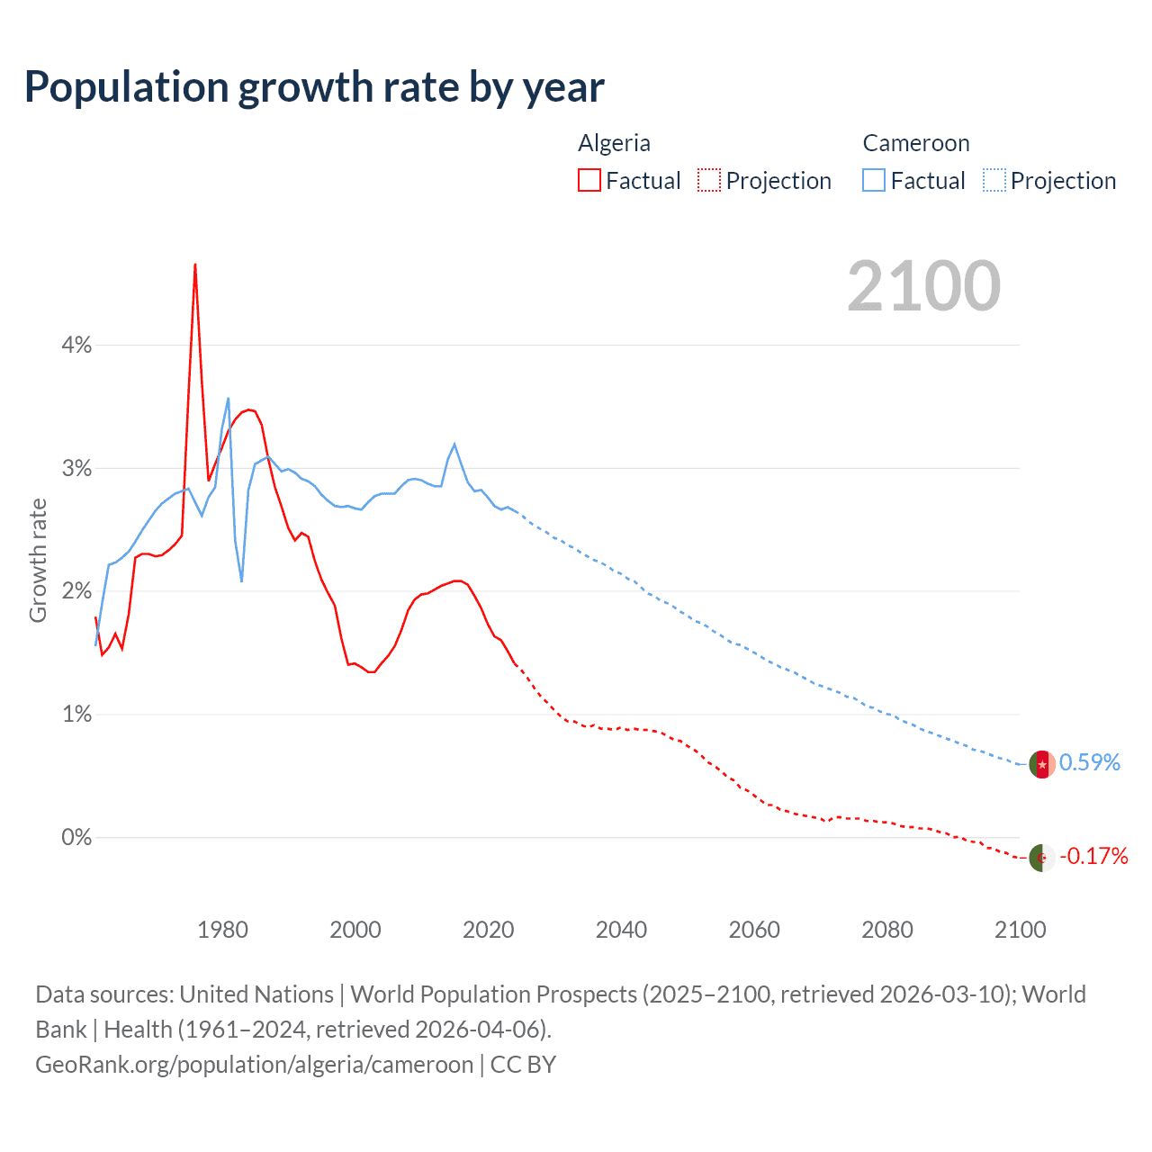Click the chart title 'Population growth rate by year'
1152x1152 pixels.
314,87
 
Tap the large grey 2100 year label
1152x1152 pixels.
923,286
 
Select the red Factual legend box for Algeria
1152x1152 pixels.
589,181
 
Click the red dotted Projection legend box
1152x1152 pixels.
709,181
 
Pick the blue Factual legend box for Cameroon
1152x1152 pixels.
874,181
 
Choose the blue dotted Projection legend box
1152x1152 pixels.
994,181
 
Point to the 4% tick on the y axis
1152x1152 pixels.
76,345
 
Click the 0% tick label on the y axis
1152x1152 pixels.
76,837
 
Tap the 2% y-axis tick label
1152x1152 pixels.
76,591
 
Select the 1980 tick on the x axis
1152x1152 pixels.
222,930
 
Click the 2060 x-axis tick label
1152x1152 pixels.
754,930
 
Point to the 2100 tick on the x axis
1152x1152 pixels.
1020,930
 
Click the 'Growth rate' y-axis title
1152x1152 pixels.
38,560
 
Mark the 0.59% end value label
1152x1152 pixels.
1089,763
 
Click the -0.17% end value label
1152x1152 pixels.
1093,856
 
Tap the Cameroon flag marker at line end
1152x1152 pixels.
1042,764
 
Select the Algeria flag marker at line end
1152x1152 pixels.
1042,858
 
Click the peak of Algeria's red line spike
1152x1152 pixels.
195,265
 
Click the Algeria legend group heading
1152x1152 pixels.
614,143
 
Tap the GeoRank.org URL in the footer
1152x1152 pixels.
254,1065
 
